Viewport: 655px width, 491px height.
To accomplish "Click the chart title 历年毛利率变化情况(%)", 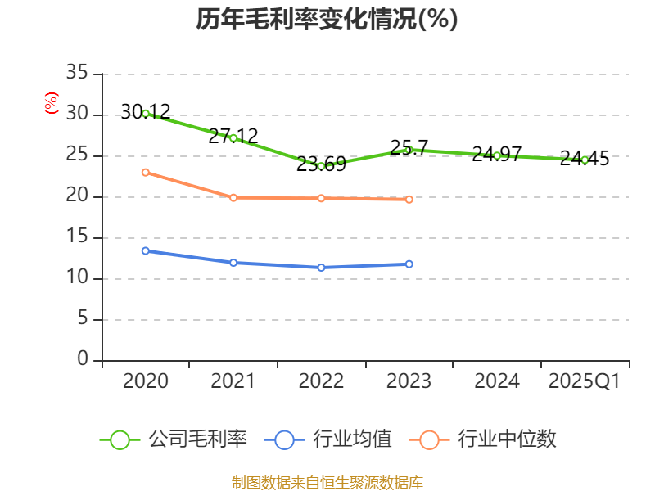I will click(327, 20).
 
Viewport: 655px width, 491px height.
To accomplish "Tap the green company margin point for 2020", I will click(146, 113).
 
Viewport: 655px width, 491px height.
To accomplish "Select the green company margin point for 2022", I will click(321, 166).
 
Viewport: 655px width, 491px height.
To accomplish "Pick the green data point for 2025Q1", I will click(585, 160).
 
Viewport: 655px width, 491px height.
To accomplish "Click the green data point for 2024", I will click(497, 155).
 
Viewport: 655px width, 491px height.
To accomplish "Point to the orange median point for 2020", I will click(146, 172).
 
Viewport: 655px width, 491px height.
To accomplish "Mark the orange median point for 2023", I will click(409, 199).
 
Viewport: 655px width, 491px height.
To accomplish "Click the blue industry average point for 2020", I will click(146, 250).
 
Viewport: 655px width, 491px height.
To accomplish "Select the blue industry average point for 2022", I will click(321, 268).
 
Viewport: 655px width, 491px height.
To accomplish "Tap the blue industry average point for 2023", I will click(409, 264).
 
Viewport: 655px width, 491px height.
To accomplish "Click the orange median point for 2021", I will click(233, 197).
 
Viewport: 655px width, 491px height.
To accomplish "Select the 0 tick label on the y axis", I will click(82, 360).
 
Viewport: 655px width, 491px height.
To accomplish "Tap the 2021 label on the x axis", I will click(233, 381).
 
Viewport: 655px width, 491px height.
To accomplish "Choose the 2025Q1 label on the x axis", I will click(585, 381).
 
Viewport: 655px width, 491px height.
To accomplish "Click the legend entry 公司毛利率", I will click(174, 439).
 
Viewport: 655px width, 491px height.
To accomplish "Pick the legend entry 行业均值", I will click(328, 439).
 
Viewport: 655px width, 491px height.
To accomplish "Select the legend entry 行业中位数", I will click(488, 439).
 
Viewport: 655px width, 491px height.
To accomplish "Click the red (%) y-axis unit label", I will click(51, 103).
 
